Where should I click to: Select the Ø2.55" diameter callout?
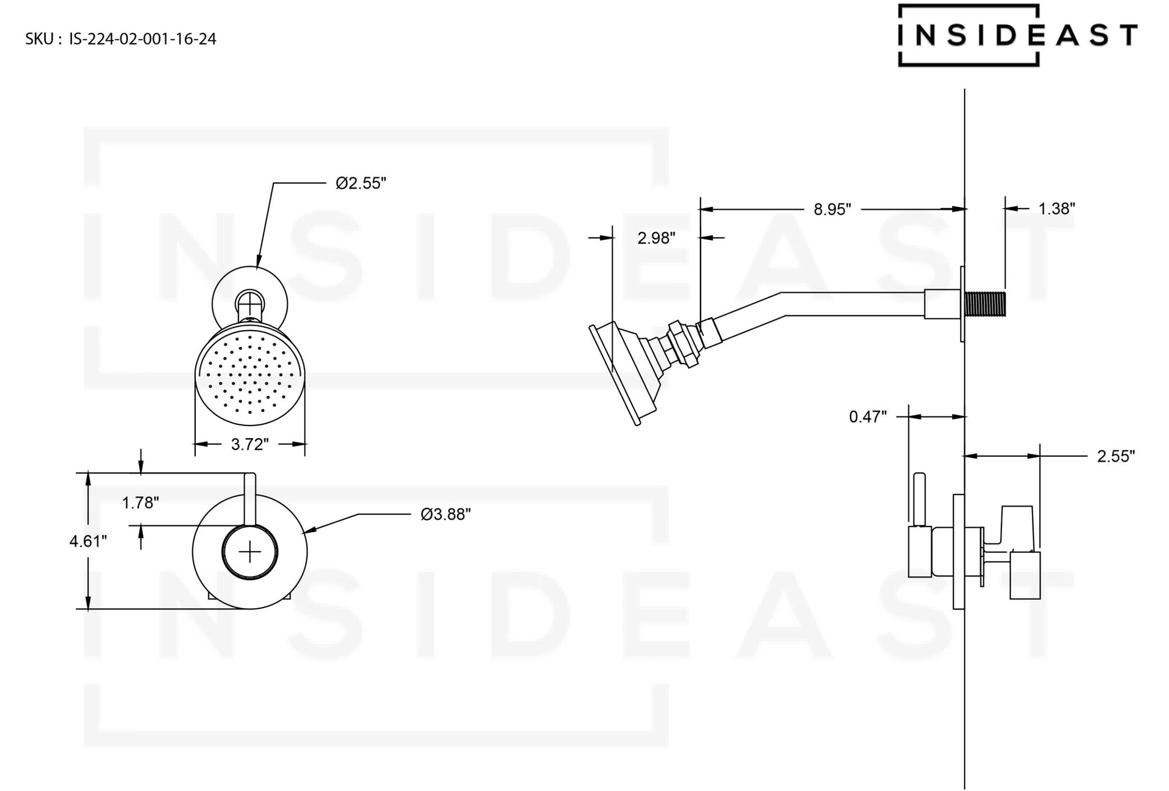coord(360,183)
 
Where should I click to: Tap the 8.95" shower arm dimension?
coord(832,209)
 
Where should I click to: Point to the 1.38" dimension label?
coord(1056,209)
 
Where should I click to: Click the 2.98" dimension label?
coord(656,238)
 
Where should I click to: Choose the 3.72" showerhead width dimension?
coord(249,445)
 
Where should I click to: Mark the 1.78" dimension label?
coord(141,502)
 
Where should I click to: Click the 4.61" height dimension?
coord(88,542)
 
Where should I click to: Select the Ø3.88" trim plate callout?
coord(445,515)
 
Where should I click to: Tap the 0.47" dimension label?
coord(867,417)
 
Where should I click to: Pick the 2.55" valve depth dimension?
coord(1116,456)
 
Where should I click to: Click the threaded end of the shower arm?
coord(985,304)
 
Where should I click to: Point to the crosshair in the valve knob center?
coord(250,552)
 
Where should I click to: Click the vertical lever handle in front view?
coord(250,499)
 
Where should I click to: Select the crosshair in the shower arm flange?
coord(249,301)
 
